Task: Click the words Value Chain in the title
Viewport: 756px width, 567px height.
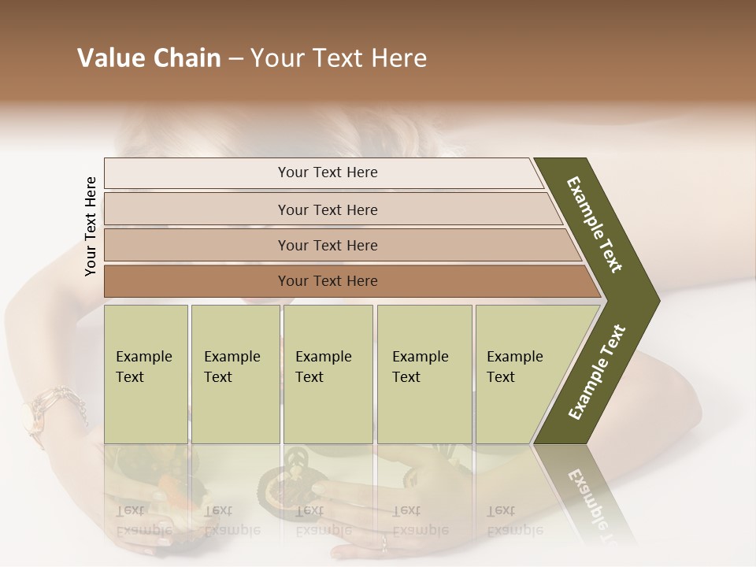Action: click(149, 58)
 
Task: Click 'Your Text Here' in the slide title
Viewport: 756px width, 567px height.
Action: click(339, 58)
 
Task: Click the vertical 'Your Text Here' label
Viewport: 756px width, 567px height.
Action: click(91, 226)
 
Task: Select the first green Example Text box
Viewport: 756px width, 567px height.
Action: click(146, 374)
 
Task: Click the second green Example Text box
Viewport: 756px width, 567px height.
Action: click(235, 374)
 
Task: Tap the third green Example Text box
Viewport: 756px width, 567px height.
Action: click(328, 374)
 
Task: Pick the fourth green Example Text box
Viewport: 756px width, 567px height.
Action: click(424, 374)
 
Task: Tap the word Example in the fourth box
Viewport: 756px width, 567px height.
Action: click(420, 357)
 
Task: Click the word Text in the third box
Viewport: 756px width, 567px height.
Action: click(309, 377)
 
